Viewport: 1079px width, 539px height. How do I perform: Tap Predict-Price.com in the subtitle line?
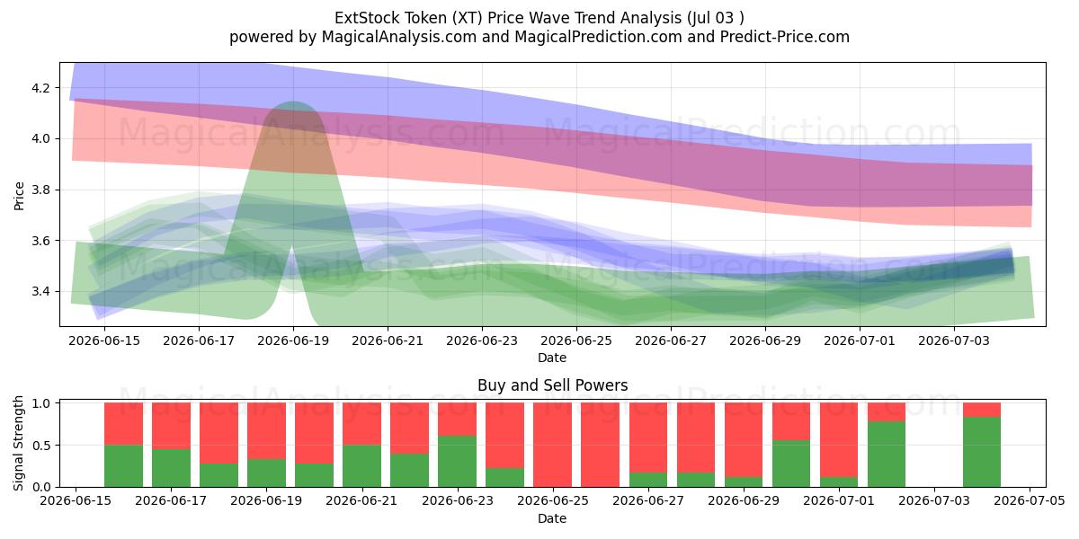[785, 37]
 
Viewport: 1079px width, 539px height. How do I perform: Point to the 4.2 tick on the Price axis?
[40, 88]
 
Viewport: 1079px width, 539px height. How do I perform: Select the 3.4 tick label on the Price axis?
[40, 291]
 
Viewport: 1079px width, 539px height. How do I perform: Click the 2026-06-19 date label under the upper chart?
[293, 340]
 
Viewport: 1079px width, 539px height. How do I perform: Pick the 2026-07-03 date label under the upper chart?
[954, 340]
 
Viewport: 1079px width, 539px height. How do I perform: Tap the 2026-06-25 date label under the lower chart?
[552, 500]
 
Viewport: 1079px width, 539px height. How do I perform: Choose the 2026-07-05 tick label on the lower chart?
[1030, 500]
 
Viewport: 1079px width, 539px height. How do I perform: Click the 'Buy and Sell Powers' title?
[552, 385]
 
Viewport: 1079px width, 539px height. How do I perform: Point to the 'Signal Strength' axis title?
[18, 443]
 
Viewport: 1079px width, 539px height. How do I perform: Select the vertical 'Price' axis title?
[19, 197]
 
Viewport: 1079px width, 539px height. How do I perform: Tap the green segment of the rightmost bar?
[982, 452]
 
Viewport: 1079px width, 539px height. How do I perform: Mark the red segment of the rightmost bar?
[982, 410]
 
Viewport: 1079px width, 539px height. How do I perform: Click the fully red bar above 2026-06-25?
[552, 445]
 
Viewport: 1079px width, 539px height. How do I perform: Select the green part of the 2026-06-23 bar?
[457, 462]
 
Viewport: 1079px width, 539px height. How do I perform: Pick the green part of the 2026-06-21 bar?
[361, 466]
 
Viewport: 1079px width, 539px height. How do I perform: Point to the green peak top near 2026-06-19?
[293, 102]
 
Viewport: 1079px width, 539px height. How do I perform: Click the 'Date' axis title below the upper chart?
[552, 358]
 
